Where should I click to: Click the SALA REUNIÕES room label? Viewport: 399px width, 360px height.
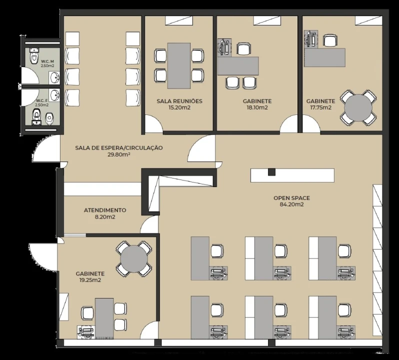pyautogui.click(x=179, y=101)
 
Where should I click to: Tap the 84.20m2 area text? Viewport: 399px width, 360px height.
pyautogui.click(x=291, y=204)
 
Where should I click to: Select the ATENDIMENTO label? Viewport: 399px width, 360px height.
pyautogui.click(x=105, y=210)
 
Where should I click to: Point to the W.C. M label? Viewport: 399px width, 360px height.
pyautogui.click(x=47, y=61)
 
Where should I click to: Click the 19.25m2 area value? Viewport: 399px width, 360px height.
pyautogui.click(x=90, y=280)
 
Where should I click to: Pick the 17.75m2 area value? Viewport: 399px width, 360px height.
pyautogui.click(x=320, y=107)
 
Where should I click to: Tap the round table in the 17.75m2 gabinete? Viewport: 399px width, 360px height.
pyautogui.click(x=358, y=107)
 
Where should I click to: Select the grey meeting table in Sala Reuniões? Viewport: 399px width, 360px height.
pyautogui.click(x=179, y=65)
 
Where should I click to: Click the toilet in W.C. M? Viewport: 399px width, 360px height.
pyautogui.click(x=34, y=55)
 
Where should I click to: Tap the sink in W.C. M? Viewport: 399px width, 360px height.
pyautogui.click(x=54, y=77)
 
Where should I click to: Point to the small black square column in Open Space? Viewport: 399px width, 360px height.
pyautogui.click(x=272, y=172)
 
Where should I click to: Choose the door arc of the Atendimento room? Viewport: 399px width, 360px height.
pyautogui.click(x=149, y=224)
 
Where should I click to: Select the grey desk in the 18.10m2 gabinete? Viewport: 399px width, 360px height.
pyautogui.click(x=238, y=66)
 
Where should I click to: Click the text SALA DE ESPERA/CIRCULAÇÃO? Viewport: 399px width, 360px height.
pyautogui.click(x=119, y=148)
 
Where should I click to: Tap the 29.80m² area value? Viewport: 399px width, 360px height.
pyautogui.click(x=119, y=154)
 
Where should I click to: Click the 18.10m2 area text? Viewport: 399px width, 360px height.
pyautogui.click(x=257, y=107)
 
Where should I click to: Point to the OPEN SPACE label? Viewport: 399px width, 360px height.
pyautogui.click(x=291, y=198)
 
